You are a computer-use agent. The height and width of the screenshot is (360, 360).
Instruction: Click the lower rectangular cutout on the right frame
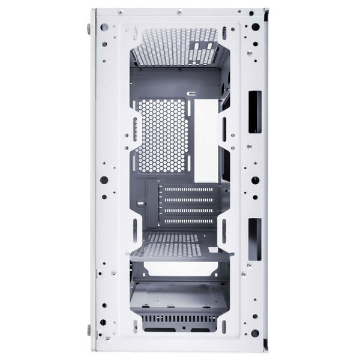click(x=254, y=239)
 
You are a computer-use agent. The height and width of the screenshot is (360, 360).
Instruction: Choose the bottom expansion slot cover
click(x=188, y=221)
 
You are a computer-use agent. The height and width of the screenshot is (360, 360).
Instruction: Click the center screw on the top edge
click(x=179, y=11)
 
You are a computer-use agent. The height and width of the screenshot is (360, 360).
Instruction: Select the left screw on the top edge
click(x=120, y=11)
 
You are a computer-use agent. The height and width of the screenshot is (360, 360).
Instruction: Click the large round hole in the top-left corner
click(x=104, y=27)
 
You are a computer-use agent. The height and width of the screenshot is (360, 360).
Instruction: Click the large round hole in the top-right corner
click(x=255, y=27)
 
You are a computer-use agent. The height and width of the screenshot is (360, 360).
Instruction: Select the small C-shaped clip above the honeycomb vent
click(x=192, y=93)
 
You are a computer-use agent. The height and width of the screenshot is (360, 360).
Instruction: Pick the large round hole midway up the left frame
click(x=104, y=179)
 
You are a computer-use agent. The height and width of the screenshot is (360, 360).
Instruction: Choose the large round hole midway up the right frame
click(x=255, y=179)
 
